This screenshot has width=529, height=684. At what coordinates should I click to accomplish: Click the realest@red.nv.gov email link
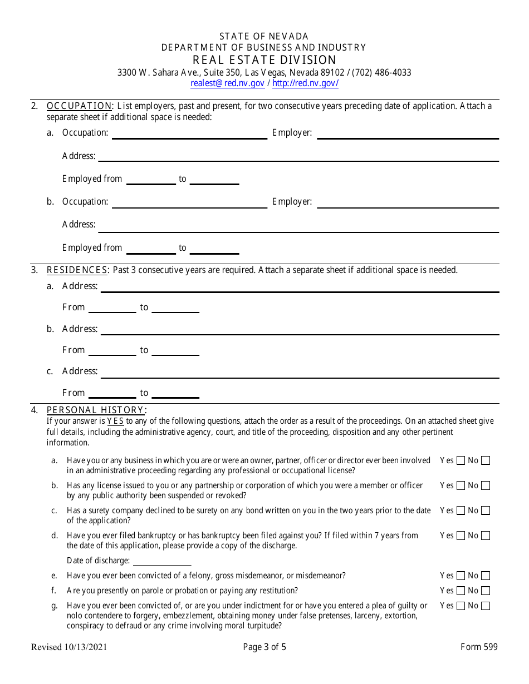(x=227, y=83)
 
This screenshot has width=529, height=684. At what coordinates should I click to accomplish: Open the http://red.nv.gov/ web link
(x=305, y=83)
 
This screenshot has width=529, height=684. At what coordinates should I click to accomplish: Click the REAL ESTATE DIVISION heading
(x=264, y=60)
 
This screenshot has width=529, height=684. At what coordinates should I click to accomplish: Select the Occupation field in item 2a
(x=189, y=133)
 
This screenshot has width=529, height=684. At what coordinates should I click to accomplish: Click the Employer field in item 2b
(x=408, y=202)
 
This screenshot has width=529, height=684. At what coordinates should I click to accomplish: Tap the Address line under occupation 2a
(x=298, y=156)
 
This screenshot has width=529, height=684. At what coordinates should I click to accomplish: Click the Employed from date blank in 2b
(x=151, y=249)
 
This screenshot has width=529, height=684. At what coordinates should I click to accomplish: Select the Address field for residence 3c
(x=300, y=372)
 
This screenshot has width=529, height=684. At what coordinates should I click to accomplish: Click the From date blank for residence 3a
(x=112, y=308)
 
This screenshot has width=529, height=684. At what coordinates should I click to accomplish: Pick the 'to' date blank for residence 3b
(x=175, y=351)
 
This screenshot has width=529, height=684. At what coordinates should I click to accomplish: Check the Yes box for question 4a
(x=461, y=460)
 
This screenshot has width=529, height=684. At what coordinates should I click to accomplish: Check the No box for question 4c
(x=486, y=510)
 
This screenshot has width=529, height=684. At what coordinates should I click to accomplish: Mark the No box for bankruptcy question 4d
(x=486, y=536)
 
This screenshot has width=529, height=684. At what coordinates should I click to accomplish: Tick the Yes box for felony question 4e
(x=461, y=576)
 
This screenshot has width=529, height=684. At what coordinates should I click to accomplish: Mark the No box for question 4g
(x=486, y=606)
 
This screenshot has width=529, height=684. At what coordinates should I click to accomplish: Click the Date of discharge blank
(x=161, y=561)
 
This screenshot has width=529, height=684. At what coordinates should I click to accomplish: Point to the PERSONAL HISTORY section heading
(x=96, y=410)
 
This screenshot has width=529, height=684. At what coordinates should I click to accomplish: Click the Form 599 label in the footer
(x=479, y=647)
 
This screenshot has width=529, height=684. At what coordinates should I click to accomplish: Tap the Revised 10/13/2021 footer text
(x=69, y=647)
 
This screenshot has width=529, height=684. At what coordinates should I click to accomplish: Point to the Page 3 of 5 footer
(x=264, y=647)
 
